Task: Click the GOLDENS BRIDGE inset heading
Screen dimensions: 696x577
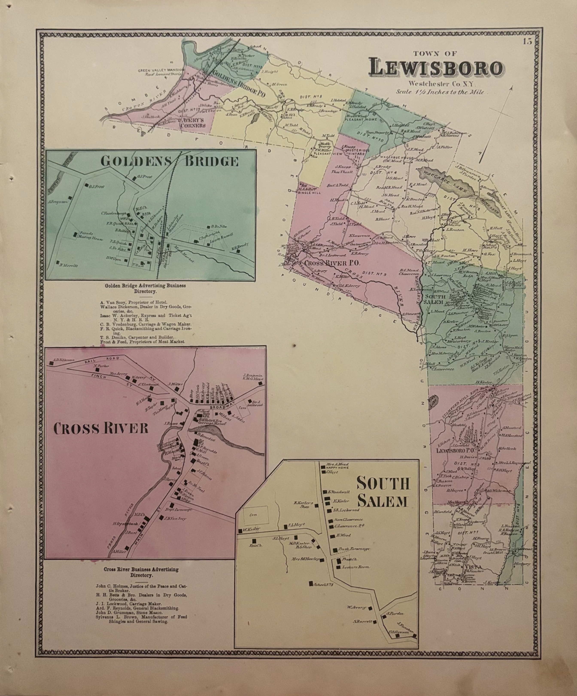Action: [x=169, y=161]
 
